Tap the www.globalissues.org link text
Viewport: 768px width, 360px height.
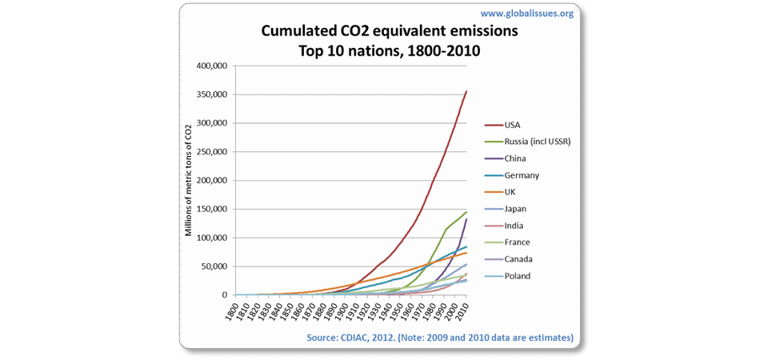click(526, 14)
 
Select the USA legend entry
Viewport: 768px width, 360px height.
click(513, 125)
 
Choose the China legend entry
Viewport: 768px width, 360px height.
click(516, 158)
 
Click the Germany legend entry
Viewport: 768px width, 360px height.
click(522, 175)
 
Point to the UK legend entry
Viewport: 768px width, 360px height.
click(511, 192)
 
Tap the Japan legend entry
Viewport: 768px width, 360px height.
click(516, 209)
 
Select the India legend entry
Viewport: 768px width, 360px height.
click(515, 226)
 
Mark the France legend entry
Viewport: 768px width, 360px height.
click(518, 242)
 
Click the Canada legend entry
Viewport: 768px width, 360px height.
click(518, 259)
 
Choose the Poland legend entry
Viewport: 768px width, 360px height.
click(518, 276)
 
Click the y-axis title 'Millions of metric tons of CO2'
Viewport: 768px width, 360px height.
click(189, 180)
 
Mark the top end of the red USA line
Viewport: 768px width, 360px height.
click(466, 91)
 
